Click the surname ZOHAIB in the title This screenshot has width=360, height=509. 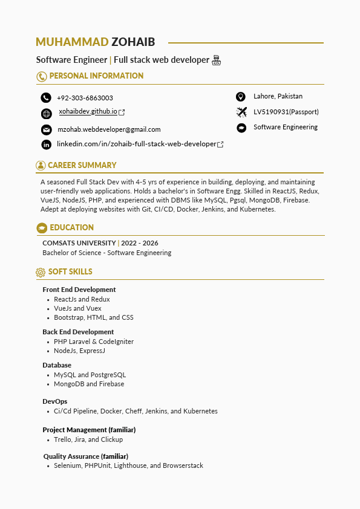[x=133, y=42]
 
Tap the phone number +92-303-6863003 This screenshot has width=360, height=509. [x=85, y=98]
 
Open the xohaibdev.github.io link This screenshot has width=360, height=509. [x=88, y=112]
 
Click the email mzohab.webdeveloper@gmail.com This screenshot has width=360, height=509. [x=109, y=129]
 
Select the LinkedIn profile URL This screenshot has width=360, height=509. [x=137, y=144]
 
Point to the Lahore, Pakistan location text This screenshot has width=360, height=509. [x=278, y=96]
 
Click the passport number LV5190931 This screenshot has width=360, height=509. [x=286, y=112]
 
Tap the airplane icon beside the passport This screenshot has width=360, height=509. [x=241, y=112]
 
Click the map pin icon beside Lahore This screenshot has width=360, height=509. [x=241, y=97]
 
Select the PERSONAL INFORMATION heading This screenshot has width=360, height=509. [x=96, y=76]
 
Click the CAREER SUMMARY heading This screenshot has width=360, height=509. [x=82, y=165]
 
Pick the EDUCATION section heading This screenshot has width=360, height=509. [x=71, y=227]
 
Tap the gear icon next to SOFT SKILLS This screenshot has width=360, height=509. [x=41, y=272]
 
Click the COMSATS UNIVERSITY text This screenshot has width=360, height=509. [x=79, y=243]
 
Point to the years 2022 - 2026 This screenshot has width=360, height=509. [x=140, y=243]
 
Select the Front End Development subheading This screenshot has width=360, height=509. [x=79, y=290]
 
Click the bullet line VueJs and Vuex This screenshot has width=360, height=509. [x=77, y=308]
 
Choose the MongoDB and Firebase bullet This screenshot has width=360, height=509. [x=89, y=384]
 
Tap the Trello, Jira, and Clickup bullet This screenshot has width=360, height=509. [x=88, y=439]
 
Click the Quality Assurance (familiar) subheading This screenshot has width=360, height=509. [x=85, y=456]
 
